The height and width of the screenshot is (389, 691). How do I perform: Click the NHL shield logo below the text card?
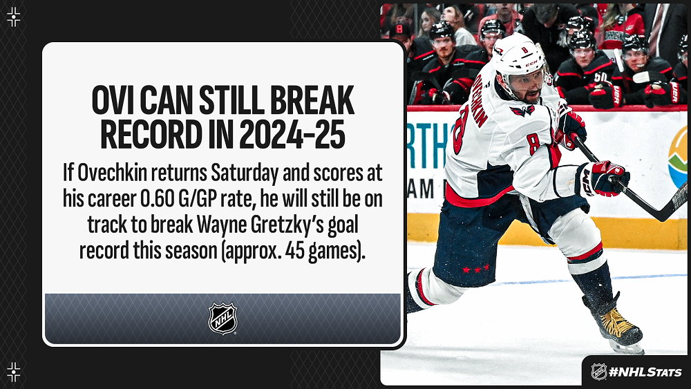point(223,319)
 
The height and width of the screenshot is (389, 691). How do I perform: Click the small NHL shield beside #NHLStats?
point(598,372)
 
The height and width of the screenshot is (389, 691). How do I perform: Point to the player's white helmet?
point(519,57)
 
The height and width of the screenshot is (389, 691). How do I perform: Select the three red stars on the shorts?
point(475,268)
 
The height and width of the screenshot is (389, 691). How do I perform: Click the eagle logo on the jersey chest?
point(522,111)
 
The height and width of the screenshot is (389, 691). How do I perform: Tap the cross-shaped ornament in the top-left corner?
point(14,17)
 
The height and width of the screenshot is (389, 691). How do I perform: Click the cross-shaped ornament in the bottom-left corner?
point(14,372)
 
